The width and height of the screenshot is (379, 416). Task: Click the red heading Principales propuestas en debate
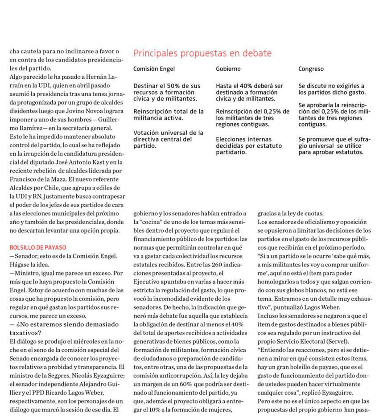pos(202,54)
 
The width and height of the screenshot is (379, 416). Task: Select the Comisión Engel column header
pos(154,69)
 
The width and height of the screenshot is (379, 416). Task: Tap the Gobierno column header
pos(228,69)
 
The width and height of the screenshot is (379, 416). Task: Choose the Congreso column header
pos(311,69)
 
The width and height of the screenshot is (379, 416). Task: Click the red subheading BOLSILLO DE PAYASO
pos(37,247)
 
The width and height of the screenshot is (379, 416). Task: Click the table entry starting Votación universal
pos(168,139)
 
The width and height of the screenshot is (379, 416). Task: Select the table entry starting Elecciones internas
pos(249,145)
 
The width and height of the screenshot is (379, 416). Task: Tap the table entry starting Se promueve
pos(331,145)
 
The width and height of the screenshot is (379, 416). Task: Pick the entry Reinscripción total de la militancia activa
pos(168,115)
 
